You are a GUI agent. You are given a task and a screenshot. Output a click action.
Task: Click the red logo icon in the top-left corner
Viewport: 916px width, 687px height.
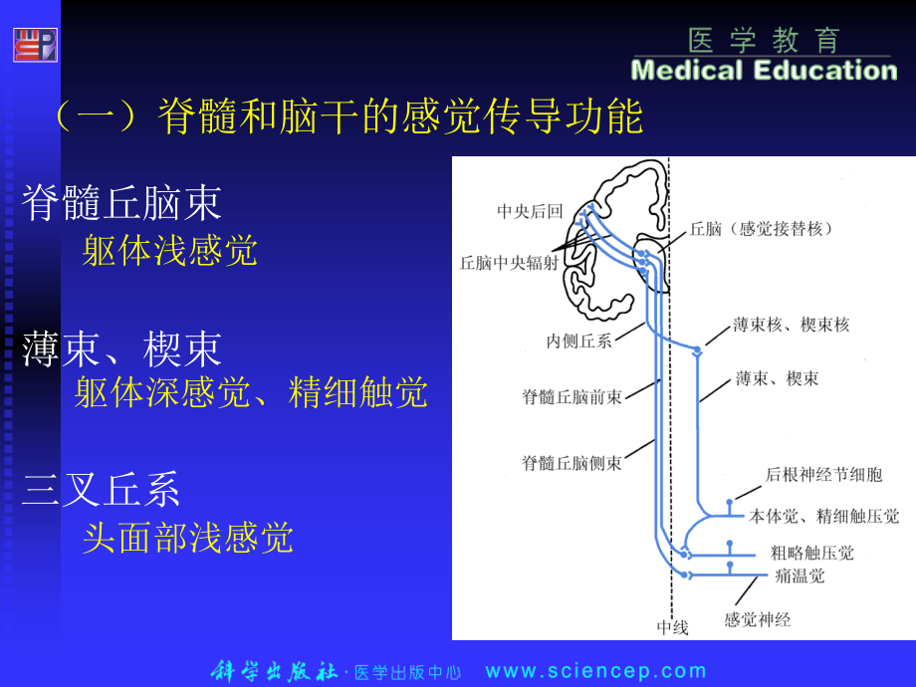tap(35, 45)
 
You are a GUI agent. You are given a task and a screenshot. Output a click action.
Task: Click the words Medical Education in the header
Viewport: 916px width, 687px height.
tap(764, 71)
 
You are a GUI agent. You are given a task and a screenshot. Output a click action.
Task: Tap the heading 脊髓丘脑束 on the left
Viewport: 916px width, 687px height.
tap(121, 203)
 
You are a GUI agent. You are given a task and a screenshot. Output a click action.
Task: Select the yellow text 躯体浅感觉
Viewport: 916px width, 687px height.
tap(170, 250)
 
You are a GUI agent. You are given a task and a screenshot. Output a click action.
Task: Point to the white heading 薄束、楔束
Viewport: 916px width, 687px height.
tap(121, 348)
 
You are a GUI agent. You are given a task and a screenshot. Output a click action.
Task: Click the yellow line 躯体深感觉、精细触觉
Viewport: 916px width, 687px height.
tap(251, 392)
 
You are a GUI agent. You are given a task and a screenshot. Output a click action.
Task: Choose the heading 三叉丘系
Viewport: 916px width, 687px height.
tap(102, 491)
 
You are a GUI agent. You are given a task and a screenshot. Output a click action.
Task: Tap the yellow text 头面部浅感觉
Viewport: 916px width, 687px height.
tap(188, 538)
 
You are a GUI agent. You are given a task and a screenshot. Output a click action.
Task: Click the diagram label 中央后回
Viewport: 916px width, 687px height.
tap(530, 211)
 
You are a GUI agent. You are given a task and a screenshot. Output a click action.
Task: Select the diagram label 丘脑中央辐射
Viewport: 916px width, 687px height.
tap(509, 263)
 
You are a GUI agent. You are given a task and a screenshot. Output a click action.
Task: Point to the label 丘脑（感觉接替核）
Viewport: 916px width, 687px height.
tap(763, 228)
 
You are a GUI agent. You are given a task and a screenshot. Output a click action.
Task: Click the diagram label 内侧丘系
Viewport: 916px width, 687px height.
tap(578, 341)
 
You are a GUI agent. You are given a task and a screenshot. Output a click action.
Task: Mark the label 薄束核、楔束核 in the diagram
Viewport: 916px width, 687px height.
tap(791, 325)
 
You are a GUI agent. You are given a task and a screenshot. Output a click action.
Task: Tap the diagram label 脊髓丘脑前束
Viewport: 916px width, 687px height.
tap(572, 396)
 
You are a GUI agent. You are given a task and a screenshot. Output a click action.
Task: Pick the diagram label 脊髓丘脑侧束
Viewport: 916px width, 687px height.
tap(572, 462)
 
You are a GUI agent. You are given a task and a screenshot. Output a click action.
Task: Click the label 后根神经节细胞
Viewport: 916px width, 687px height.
tap(823, 475)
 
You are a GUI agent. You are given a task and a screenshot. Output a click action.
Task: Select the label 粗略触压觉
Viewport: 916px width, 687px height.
tap(811, 553)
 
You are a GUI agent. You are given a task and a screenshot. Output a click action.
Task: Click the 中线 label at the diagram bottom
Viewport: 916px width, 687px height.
tap(672, 627)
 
